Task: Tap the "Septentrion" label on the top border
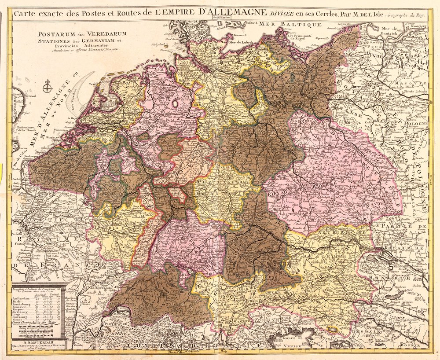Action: [222, 18]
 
